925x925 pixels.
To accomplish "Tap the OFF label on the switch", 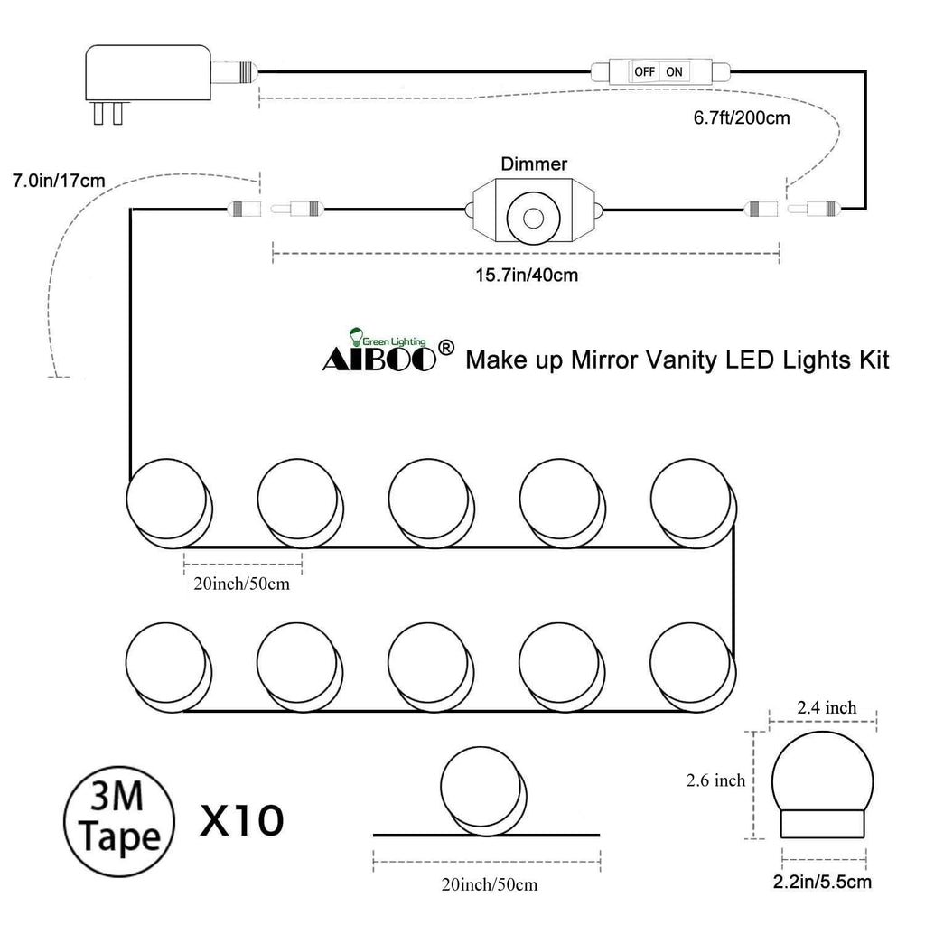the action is pyautogui.click(x=644, y=72).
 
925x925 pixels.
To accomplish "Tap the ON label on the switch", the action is pyautogui.click(x=674, y=72).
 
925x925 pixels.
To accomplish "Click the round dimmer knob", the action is pyautogui.click(x=533, y=219).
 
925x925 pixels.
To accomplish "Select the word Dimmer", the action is pyautogui.click(x=534, y=164).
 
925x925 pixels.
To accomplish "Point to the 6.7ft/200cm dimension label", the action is pyautogui.click(x=742, y=118).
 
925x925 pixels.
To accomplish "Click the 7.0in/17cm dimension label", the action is pyautogui.click(x=59, y=181).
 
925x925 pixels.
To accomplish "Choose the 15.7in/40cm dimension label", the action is pyautogui.click(x=527, y=275).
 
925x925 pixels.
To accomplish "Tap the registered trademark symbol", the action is pyautogui.click(x=447, y=348).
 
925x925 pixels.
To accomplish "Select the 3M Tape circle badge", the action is pyautogui.click(x=119, y=821).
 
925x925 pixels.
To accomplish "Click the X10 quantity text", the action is pyautogui.click(x=242, y=820).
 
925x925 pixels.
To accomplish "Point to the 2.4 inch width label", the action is pyautogui.click(x=827, y=707).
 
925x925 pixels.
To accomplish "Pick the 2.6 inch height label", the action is pyautogui.click(x=715, y=780).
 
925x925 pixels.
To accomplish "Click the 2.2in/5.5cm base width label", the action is pyautogui.click(x=822, y=882).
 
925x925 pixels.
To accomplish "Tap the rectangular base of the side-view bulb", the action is pyautogui.click(x=823, y=824).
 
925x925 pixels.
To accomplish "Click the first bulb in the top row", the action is pyautogui.click(x=169, y=503).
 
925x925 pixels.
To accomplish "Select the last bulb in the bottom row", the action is pyautogui.click(x=693, y=668).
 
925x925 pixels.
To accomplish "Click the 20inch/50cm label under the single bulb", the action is pyautogui.click(x=489, y=885).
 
